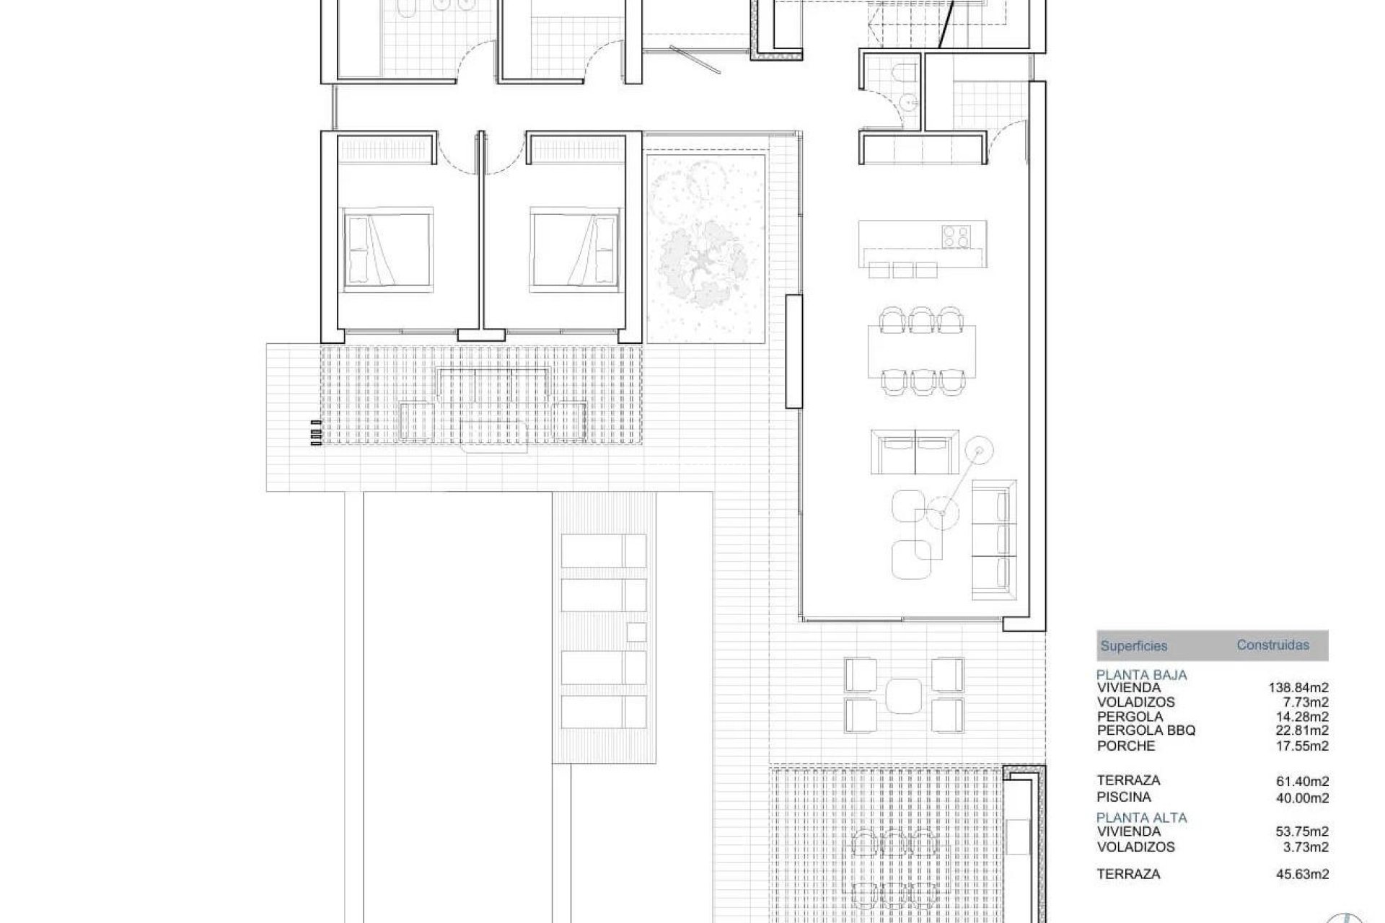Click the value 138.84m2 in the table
[1298, 688]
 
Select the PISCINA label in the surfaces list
[1124, 797]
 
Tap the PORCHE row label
[1126, 746]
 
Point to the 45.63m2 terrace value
[1303, 874]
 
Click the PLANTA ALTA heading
[1141, 818]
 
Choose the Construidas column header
[1272, 645]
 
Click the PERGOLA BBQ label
[1146, 730]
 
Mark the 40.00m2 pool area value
[1303, 798]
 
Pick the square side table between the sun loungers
[636, 632]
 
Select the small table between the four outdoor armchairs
[904, 696]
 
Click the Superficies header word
[1133, 646]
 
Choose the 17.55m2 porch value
[1303, 746]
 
